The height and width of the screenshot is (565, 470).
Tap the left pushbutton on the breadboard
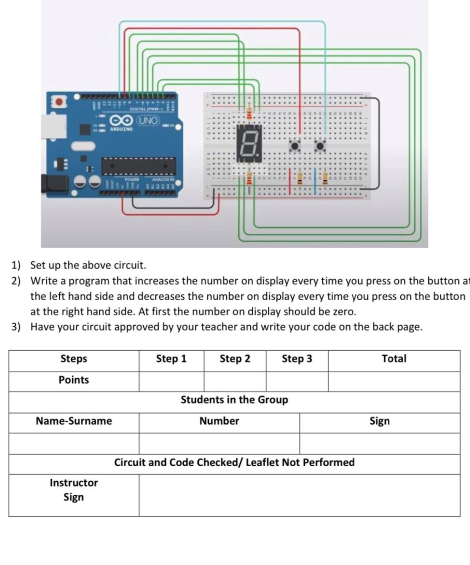coord(295,145)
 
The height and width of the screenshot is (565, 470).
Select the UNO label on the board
coord(148,120)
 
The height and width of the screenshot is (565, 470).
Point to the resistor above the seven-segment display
coord(248,114)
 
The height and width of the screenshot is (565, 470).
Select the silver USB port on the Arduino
coord(49,126)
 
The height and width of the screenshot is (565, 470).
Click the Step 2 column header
coord(235,359)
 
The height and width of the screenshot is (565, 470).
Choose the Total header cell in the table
coord(394,359)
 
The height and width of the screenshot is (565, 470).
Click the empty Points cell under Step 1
coord(171,381)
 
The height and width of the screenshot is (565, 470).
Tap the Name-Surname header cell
coord(74,421)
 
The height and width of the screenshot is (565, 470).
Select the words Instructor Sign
coord(74,490)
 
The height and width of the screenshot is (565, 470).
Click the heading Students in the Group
coord(234,400)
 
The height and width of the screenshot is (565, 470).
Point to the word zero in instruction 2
coord(342,312)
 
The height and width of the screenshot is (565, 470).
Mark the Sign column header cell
coord(379,421)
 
